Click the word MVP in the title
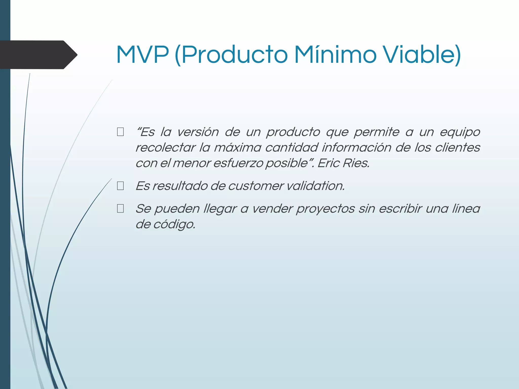(x=142, y=55)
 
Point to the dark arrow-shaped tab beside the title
(x=38, y=55)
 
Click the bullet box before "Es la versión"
(x=120, y=132)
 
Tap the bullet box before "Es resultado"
(x=120, y=186)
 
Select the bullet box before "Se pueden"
(x=120, y=209)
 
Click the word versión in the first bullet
(x=198, y=132)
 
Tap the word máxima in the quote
(x=237, y=147)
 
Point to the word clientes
(x=457, y=147)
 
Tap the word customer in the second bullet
(x=256, y=186)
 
